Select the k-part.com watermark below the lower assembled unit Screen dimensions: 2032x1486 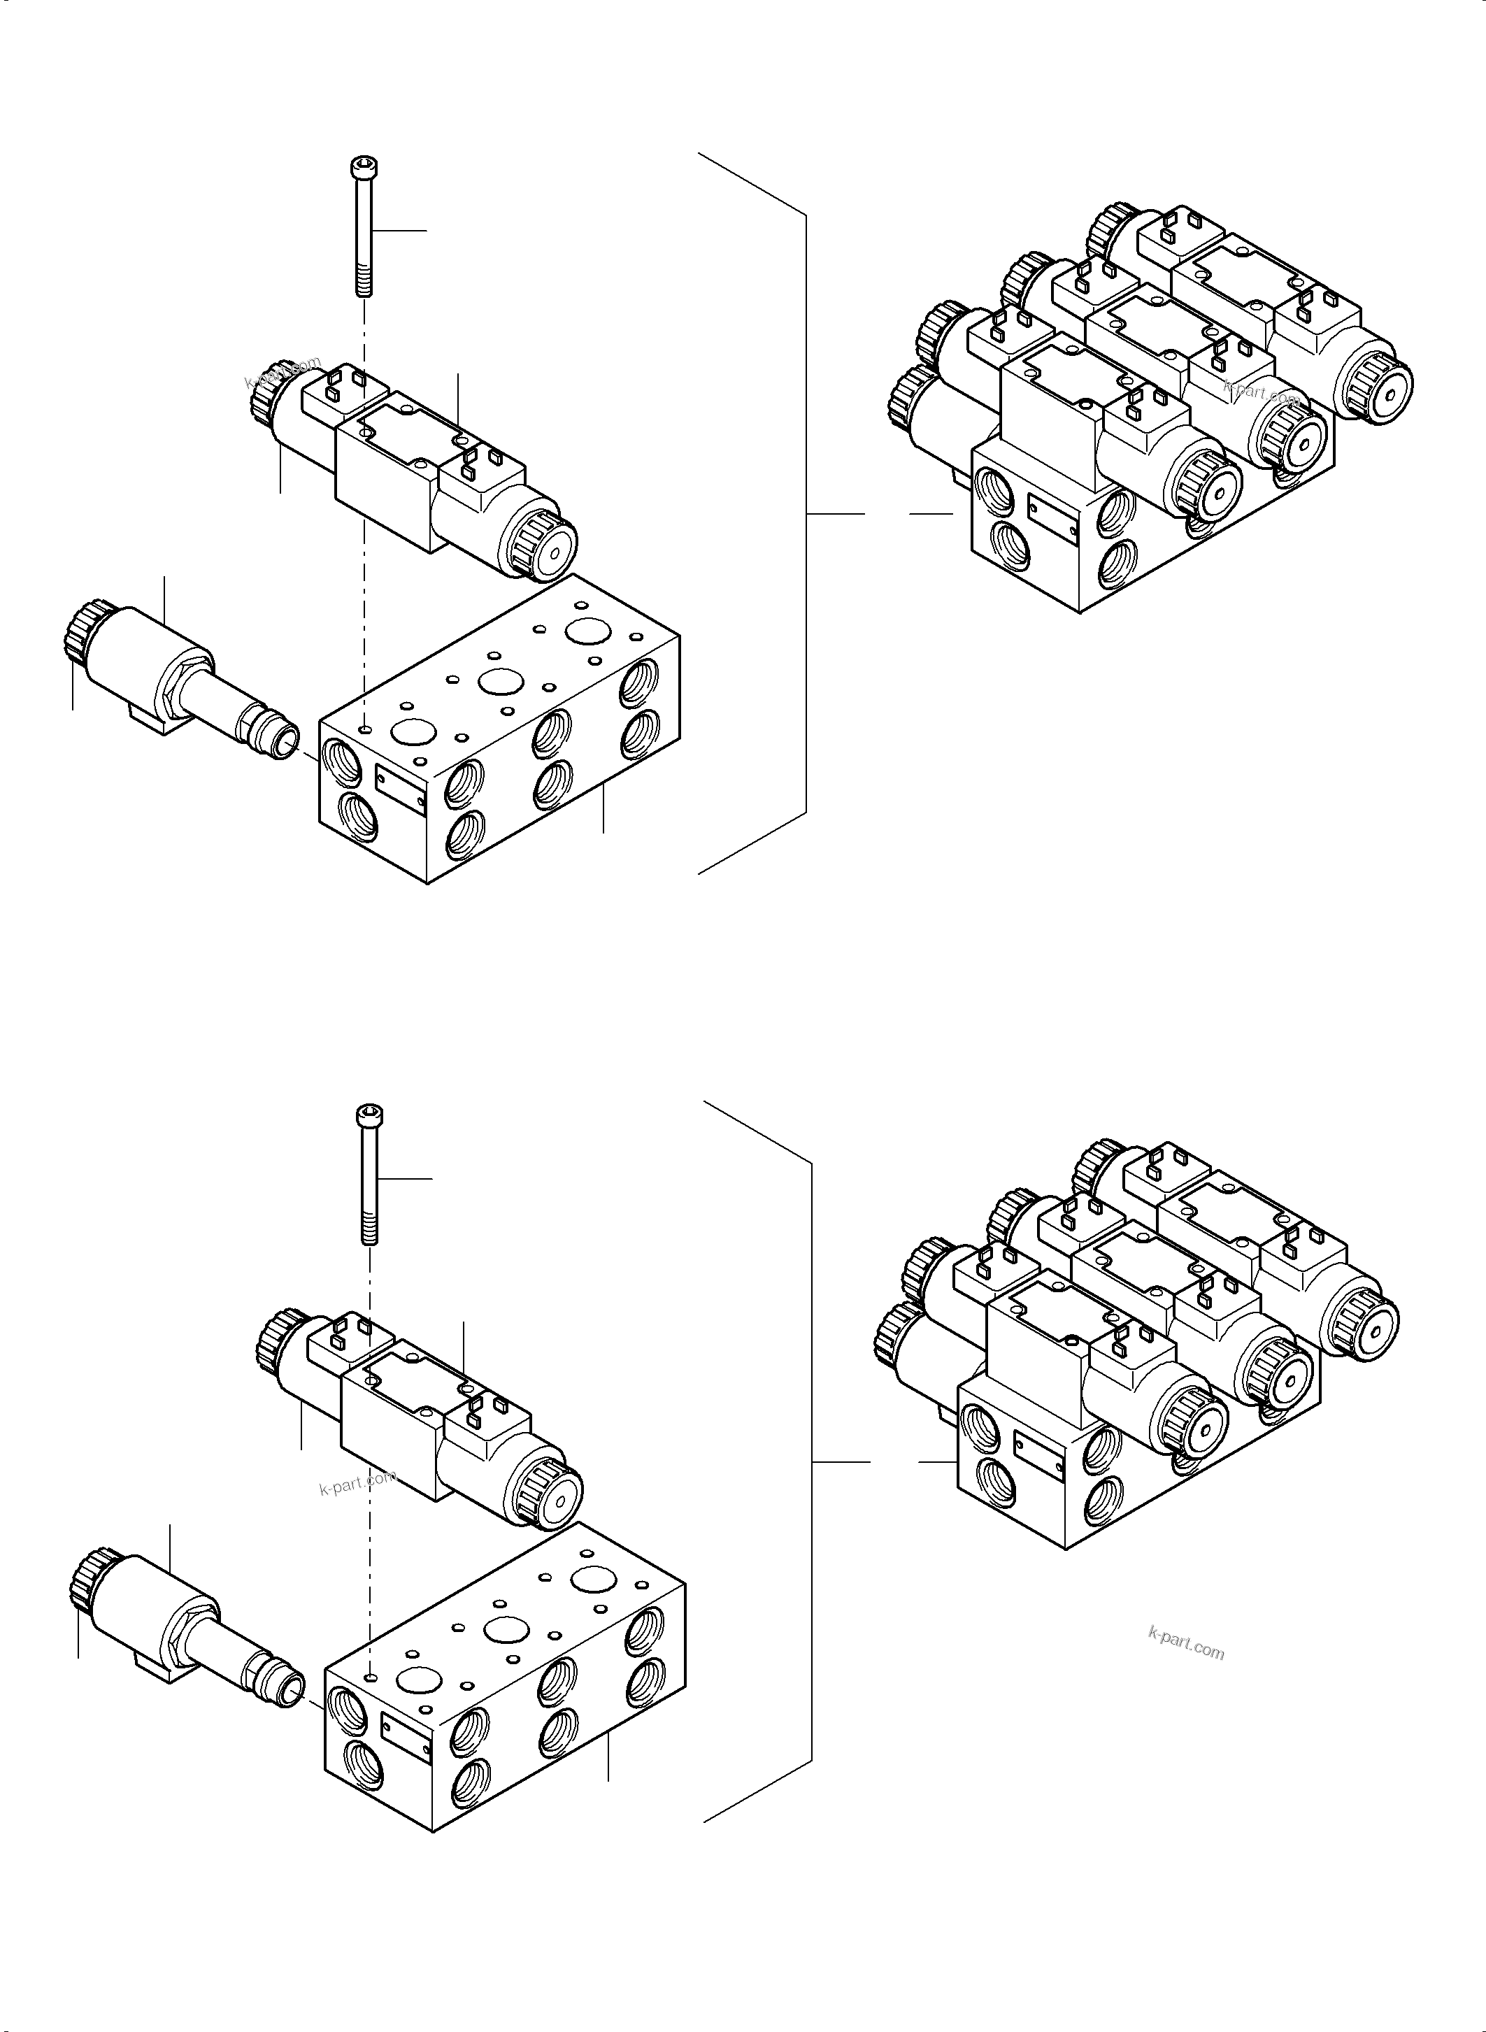[x=1185, y=1645]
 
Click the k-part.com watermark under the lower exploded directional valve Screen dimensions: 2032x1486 [x=357, y=1482]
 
